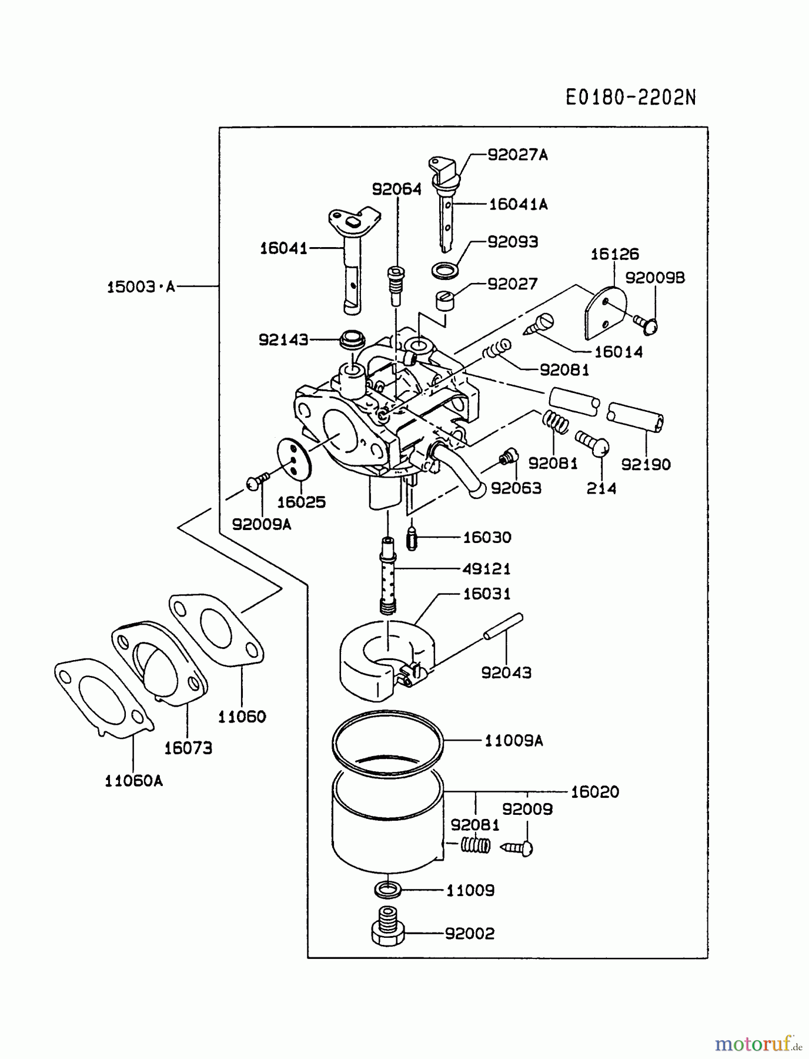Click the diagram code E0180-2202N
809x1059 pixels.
point(630,98)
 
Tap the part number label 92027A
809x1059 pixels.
point(517,155)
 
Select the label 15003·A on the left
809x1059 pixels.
point(141,287)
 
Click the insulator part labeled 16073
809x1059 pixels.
point(159,662)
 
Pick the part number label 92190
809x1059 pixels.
point(646,465)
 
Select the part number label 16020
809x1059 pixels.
point(594,792)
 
